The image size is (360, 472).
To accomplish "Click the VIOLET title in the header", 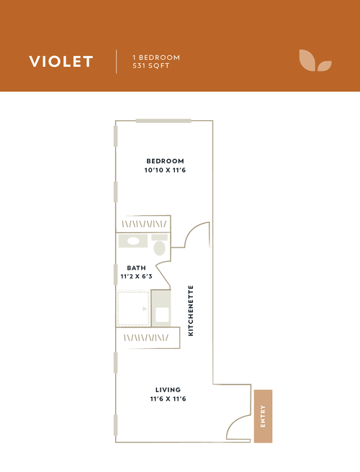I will [x=61, y=61].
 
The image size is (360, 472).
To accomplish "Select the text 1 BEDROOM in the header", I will [x=156, y=57].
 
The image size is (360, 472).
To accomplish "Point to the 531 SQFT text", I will [x=150, y=66].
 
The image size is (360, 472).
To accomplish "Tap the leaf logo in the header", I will [x=315, y=61].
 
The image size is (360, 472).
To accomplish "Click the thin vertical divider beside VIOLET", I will [x=117, y=61].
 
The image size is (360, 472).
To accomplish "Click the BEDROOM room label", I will [x=165, y=160].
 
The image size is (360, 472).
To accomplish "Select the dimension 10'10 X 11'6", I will [x=165, y=171].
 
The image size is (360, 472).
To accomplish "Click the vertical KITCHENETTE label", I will [x=191, y=310].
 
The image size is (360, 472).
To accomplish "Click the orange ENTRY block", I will [x=263, y=416].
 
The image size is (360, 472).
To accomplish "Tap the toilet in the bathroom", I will [x=160, y=248].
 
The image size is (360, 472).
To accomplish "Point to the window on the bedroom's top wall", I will [x=157, y=120].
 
